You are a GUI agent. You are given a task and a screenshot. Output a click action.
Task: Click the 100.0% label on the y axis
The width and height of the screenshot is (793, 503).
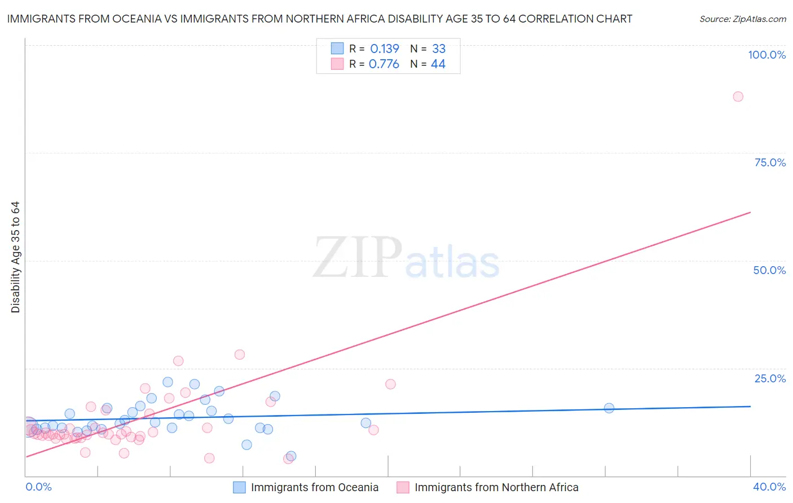[766, 55]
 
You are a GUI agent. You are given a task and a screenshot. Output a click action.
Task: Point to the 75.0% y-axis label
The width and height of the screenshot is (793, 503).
[770, 162]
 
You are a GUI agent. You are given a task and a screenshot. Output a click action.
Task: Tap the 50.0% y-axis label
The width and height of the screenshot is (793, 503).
[769, 270]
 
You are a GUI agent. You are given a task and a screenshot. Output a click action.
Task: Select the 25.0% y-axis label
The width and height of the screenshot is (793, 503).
[770, 378]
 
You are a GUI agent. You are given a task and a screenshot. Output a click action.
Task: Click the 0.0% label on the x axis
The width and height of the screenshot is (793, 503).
[38, 487]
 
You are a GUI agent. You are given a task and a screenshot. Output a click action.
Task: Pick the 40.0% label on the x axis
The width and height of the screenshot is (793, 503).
[769, 487]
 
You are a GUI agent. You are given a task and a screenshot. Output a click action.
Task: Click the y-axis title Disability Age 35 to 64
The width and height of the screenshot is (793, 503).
[15, 257]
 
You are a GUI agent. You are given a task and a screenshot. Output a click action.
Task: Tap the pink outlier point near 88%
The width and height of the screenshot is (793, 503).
[738, 96]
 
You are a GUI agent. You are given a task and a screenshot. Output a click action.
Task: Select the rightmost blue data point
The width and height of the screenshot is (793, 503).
[609, 408]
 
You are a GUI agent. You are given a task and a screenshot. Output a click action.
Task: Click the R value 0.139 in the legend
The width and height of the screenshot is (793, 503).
[385, 49]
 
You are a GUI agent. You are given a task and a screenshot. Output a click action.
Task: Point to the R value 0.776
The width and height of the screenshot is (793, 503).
[384, 64]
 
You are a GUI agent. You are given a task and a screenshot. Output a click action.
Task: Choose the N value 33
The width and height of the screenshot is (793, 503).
[439, 49]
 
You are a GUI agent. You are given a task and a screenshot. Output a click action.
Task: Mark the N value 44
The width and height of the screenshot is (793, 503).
[438, 64]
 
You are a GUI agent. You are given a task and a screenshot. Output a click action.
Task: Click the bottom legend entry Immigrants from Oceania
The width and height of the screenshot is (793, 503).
[314, 487]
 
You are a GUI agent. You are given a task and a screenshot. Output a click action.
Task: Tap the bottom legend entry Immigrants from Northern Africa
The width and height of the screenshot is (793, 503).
[496, 487]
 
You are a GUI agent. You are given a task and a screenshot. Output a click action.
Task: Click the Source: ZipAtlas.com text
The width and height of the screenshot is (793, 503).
[742, 19]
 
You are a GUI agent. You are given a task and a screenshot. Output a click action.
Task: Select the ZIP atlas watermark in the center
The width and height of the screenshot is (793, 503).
[406, 259]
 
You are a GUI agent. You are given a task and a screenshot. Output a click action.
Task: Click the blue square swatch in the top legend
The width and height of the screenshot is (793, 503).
[337, 48]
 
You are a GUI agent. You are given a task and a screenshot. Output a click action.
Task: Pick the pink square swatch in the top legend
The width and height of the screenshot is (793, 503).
[337, 64]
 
